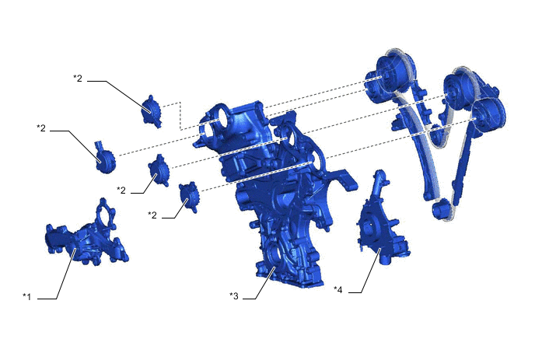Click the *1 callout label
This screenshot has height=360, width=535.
[x=27, y=296]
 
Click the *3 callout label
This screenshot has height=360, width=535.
[x=234, y=296]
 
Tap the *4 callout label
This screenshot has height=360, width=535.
[x=338, y=290]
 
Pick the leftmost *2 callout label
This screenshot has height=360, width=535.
[x=42, y=127]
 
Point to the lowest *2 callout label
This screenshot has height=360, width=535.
[x=153, y=214]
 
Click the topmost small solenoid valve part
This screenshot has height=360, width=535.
[x=149, y=111]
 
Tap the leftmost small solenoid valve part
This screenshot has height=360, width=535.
[x=103, y=158]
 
